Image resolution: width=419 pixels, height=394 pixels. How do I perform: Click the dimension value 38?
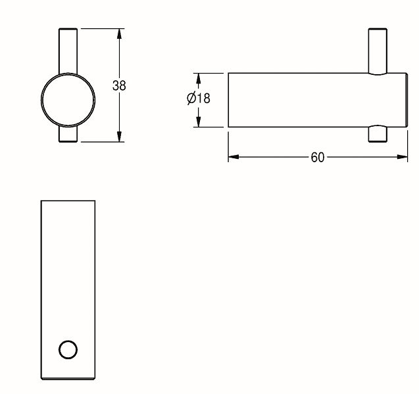coord(119,85)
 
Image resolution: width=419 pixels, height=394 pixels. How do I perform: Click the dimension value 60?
coord(318,158)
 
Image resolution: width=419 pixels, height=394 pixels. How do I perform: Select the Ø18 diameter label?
coord(199,98)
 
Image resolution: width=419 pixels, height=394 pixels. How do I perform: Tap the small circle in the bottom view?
coord(68,349)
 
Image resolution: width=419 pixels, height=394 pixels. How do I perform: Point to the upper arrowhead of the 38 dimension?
coord(119,34)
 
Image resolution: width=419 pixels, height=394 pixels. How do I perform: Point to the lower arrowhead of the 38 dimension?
coord(119,137)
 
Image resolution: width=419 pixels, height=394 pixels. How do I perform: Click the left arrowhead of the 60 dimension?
coord(234,157)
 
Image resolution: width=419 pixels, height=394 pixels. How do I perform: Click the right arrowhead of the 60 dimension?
coord(402,157)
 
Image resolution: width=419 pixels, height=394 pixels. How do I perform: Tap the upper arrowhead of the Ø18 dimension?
coord(198,78)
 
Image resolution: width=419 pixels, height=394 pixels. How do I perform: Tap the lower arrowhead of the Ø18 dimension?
coord(198,121)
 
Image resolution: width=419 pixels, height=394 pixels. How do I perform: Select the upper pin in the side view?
coord(378,51)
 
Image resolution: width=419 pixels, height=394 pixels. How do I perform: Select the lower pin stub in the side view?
coord(378,134)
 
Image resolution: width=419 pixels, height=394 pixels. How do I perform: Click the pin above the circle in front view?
coord(68,51)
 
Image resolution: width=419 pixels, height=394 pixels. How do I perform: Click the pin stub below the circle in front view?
coord(68,134)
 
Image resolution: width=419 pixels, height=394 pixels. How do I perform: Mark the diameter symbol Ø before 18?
coord(191,98)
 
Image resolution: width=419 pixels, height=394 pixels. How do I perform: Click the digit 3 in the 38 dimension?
coord(116,85)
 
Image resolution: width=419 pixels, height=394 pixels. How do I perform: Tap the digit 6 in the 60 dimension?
coord(314,158)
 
